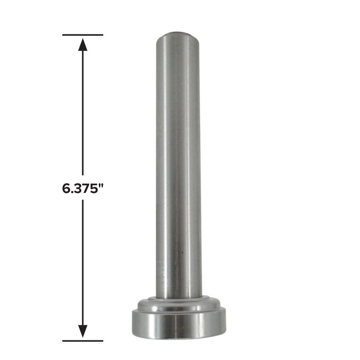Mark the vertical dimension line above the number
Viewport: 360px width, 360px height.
[x=83, y=113]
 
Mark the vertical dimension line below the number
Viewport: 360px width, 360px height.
[x=83, y=257]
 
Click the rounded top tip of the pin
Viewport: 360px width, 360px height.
[x=179, y=35]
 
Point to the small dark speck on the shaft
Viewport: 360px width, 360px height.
[x=181, y=253]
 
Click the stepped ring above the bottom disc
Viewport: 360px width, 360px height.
[x=179, y=305]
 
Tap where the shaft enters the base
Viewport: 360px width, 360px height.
[x=179, y=297]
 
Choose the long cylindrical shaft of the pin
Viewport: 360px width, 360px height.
[x=179, y=165]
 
